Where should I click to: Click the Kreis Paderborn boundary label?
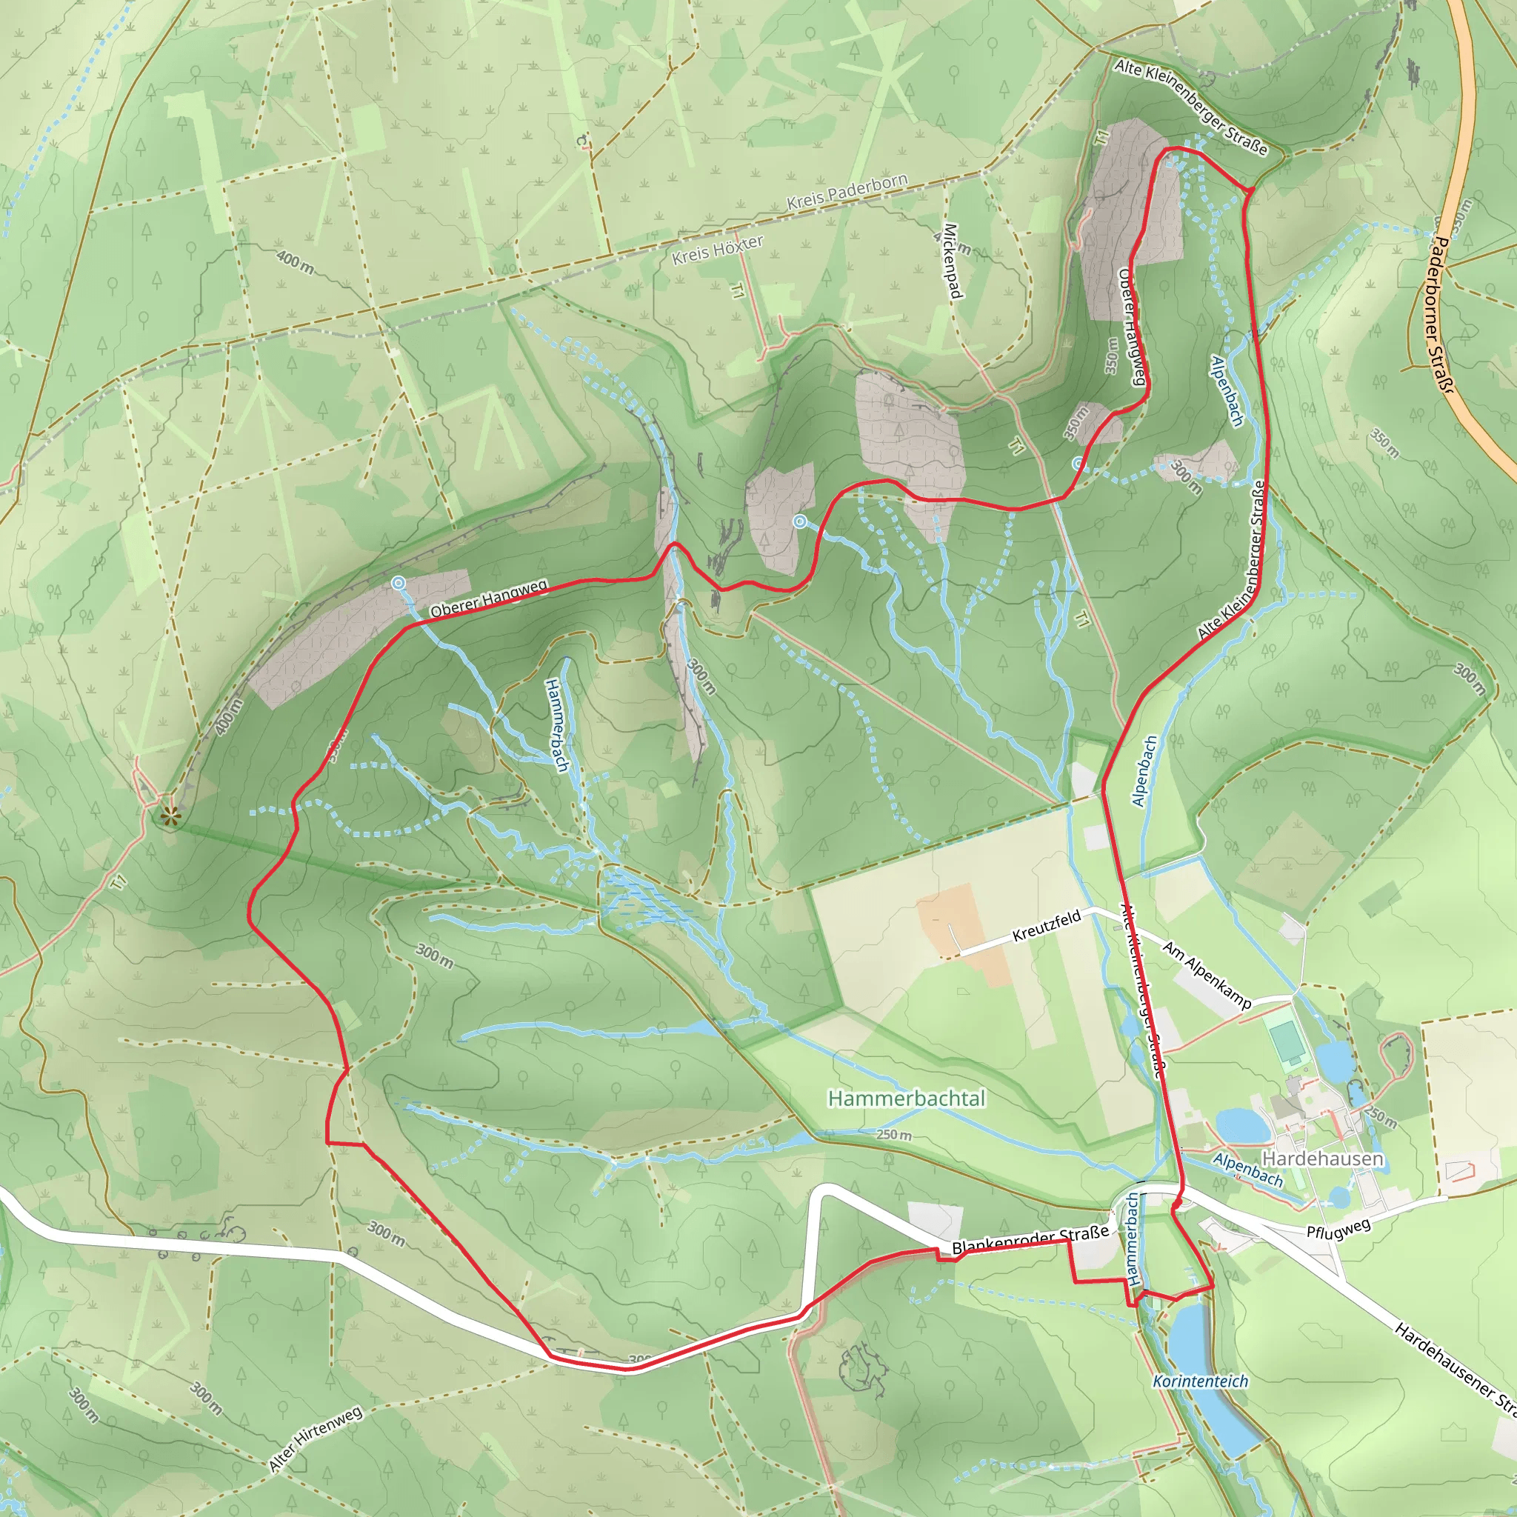click(847, 191)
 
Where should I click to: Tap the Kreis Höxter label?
click(718, 249)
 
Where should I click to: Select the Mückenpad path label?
click(952, 261)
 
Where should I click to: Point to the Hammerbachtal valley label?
click(906, 1098)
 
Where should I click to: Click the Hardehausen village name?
click(1322, 1159)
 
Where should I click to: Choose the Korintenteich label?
click(1200, 1381)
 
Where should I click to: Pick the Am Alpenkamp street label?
click(1207, 975)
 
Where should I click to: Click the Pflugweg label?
click(1338, 1228)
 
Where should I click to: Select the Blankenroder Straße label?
click(1030, 1239)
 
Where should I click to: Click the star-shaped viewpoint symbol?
click(170, 818)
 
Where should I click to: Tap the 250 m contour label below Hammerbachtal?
click(894, 1135)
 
